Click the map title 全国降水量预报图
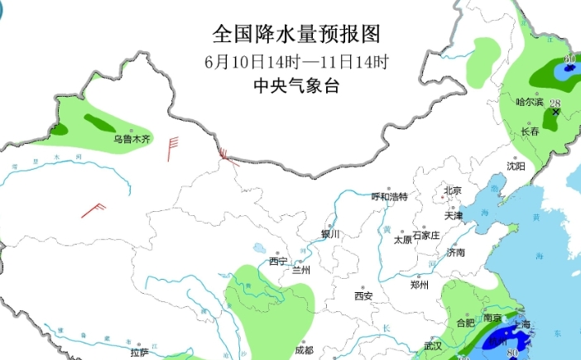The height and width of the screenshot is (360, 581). point(296,34)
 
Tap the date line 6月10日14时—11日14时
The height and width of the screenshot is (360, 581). point(296,61)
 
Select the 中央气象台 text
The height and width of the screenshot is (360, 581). point(296,85)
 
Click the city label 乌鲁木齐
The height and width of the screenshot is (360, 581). point(132,139)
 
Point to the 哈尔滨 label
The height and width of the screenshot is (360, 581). point(530,103)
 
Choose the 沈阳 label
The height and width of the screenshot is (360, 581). point(515,166)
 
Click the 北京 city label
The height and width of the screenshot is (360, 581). point(452,190)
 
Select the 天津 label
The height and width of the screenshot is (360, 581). point(454,216)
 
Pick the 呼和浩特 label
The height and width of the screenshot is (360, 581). point(389,197)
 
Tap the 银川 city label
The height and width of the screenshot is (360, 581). point(330,234)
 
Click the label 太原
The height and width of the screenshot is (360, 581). point(402,239)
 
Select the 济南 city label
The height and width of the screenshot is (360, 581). point(455,252)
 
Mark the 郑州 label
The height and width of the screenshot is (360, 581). point(420,285)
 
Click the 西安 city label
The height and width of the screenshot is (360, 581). point(364,295)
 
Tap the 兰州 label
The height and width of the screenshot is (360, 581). point(300,270)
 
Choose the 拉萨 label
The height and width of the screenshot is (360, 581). point(140,353)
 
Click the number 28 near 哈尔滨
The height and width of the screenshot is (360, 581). point(555,103)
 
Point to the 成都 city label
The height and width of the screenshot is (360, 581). point(304,350)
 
